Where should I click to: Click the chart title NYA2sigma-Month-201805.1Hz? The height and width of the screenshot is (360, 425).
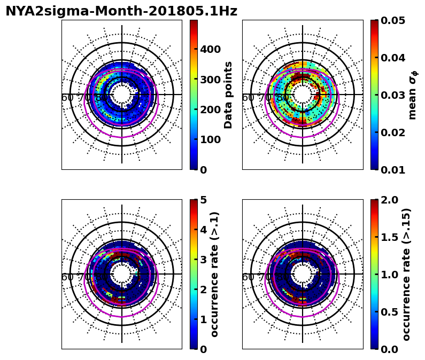[121, 11]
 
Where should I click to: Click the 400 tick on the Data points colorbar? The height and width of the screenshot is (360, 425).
[210, 50]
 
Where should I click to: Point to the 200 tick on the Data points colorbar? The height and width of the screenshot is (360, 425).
[210, 109]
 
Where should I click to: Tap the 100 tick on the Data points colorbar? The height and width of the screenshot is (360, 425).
[210, 139]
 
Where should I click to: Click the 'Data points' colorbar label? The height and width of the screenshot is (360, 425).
[229, 95]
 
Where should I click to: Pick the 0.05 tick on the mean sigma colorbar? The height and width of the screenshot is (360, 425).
[393, 20]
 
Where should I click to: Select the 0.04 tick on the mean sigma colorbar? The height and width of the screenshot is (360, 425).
[393, 58]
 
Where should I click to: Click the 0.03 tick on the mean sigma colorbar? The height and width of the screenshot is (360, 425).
[393, 95]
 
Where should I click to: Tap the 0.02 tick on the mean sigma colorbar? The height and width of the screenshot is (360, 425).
[393, 132]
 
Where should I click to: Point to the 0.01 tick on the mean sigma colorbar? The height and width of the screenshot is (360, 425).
[393, 170]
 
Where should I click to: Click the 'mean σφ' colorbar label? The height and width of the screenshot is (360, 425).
[412, 95]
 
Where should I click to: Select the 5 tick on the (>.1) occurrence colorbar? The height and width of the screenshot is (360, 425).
[203, 200]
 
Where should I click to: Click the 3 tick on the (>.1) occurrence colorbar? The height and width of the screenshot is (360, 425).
[203, 260]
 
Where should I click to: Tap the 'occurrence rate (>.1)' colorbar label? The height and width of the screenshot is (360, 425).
[214, 274]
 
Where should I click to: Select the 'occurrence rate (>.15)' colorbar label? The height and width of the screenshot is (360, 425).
[406, 274]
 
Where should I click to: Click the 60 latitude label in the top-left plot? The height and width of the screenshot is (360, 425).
[67, 98]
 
